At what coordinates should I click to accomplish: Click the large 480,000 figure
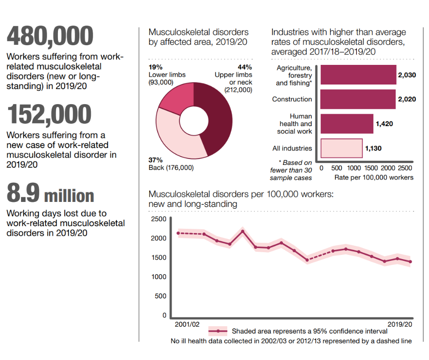pos(50,36)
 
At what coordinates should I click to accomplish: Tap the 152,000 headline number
pos(49,114)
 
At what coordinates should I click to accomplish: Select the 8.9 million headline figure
pos(50,194)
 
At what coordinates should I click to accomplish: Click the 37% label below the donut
pos(156,160)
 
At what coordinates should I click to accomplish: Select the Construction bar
pos(358,99)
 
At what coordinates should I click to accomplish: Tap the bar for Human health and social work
pos(347,124)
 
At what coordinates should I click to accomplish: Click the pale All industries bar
pos(341,148)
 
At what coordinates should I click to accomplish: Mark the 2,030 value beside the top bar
pos(407,75)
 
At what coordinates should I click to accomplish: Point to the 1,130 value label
pos(373,148)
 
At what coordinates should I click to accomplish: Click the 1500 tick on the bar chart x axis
pos(371,168)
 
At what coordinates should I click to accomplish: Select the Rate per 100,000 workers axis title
pos(374,177)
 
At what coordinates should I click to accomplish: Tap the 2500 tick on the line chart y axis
pos(158,219)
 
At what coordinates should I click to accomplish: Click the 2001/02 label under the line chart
pos(187,324)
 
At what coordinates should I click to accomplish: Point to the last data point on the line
pos(410,262)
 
